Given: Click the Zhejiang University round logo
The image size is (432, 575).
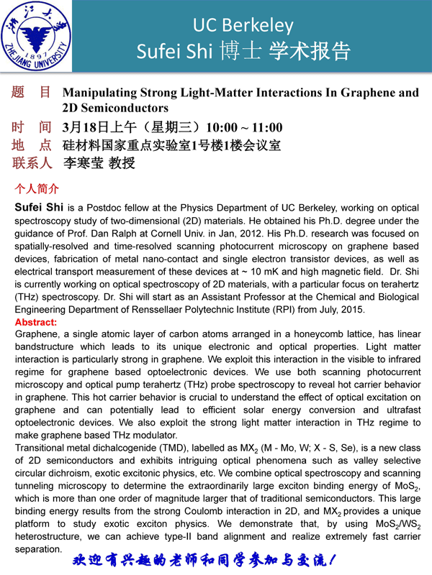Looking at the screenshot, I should click(x=38, y=35).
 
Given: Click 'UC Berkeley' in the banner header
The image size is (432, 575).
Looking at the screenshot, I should click(x=243, y=26).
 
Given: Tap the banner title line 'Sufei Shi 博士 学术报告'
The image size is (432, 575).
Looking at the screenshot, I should click(x=243, y=52).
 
